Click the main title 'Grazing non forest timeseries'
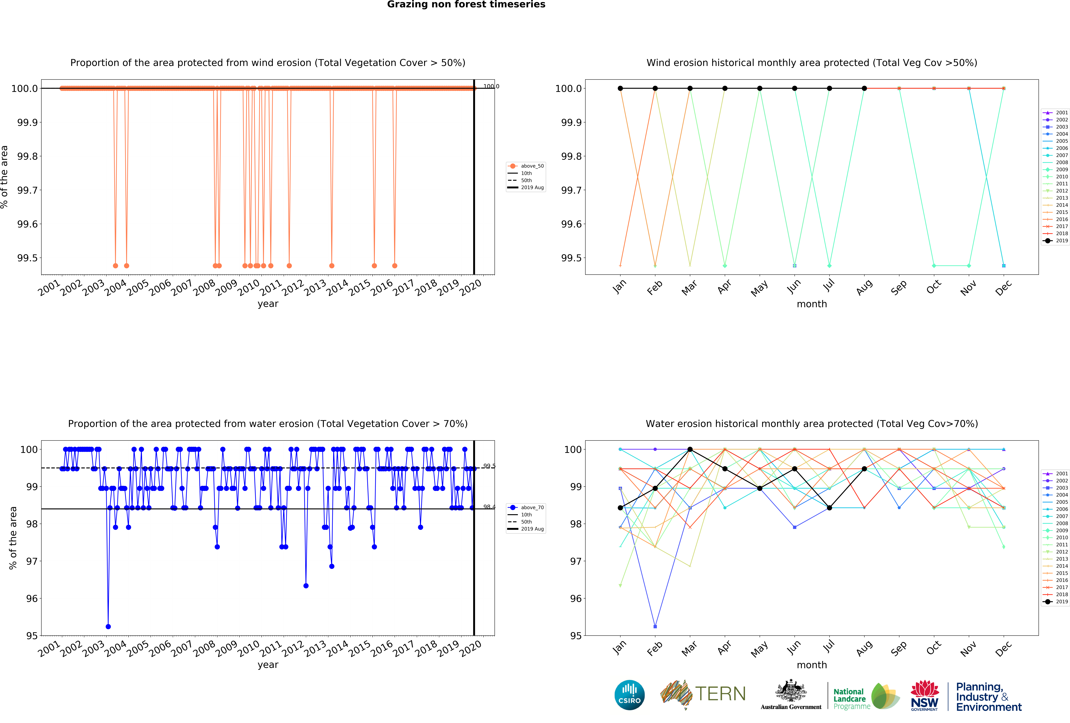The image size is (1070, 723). click(x=466, y=5)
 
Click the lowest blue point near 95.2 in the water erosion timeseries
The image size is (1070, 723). click(x=108, y=626)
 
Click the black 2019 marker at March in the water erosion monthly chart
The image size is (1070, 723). click(x=690, y=449)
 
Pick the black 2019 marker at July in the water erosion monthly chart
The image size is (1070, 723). click(x=829, y=508)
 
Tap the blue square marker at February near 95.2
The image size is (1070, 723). click(x=655, y=626)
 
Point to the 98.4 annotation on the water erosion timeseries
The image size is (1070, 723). click(x=489, y=507)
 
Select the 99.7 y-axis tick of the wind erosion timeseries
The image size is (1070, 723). click(x=28, y=190)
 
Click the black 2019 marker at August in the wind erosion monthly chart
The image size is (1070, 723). click(x=864, y=88)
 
